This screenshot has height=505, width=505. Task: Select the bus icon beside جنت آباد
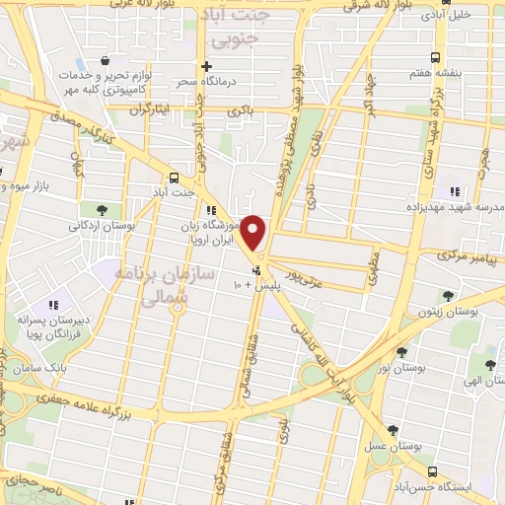(175, 178)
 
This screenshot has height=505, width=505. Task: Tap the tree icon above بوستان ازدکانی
(103, 208)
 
